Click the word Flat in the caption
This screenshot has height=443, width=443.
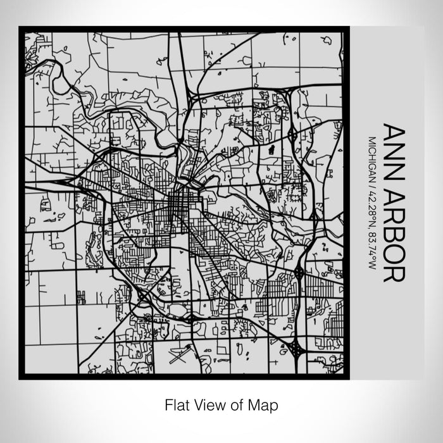175,404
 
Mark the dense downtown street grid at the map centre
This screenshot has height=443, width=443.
178,204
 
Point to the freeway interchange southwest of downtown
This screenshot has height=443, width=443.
145,295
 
